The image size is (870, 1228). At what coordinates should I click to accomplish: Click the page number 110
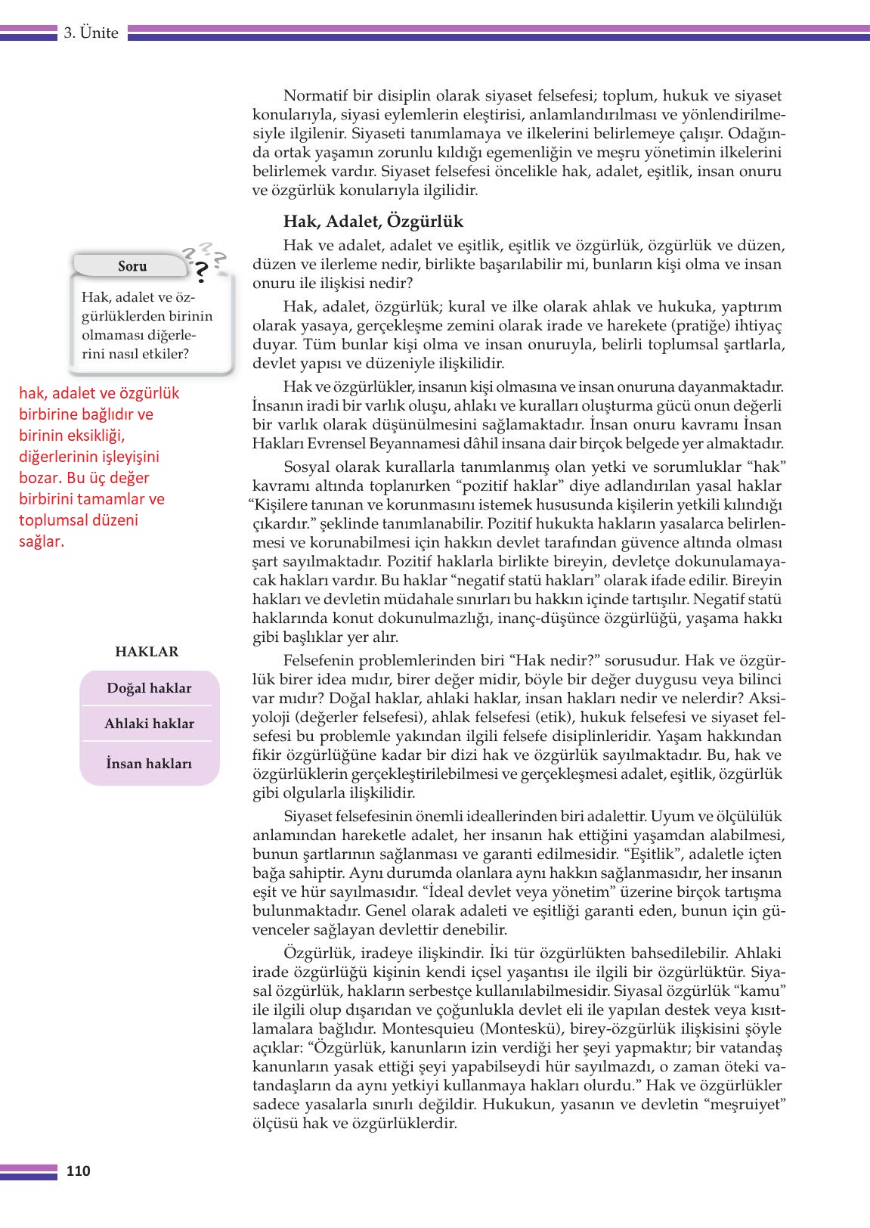(x=78, y=1171)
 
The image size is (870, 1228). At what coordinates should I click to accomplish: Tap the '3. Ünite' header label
(x=91, y=33)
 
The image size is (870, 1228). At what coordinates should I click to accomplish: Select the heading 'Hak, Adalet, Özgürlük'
(x=373, y=222)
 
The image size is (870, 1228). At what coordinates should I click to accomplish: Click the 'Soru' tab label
(x=132, y=266)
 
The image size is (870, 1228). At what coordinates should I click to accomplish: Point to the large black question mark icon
(x=200, y=271)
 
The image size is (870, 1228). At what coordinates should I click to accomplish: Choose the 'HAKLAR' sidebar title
(x=147, y=652)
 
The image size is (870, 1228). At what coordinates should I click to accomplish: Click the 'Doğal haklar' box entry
(x=149, y=688)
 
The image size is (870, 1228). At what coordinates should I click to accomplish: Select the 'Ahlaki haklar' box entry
(x=149, y=724)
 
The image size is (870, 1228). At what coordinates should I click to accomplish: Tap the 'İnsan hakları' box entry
(x=149, y=764)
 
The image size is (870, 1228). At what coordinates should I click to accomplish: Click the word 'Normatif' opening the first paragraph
(x=311, y=96)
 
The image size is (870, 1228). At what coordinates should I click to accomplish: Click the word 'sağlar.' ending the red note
(x=42, y=541)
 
